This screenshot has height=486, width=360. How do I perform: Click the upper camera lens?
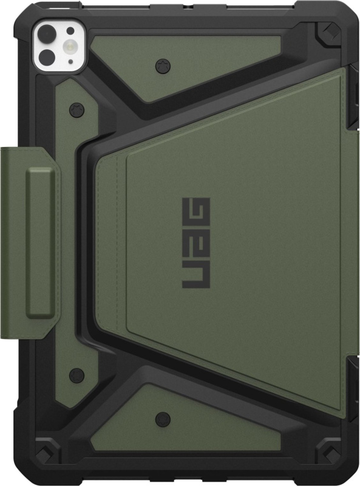pos(47,34)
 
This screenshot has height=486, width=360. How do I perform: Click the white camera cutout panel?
pos(59,47)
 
